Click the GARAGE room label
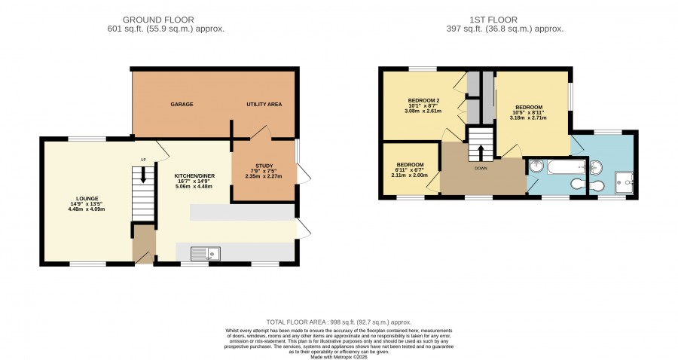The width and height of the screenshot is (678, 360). coord(182,104)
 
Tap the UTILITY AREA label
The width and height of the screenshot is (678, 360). coord(264,104)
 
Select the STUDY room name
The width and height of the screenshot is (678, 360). coord(264,166)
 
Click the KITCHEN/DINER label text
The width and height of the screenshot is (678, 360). coord(194,176)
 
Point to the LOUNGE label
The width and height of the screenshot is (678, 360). coord(88,199)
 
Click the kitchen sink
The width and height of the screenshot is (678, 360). coord(206,254)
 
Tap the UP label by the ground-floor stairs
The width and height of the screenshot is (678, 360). coord(143,160)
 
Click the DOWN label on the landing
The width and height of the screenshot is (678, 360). coord(481,168)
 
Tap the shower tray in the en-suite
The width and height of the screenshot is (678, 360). coord(624,182)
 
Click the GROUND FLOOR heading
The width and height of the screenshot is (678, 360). coord(158,20)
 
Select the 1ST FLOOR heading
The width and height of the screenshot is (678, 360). coord(493,20)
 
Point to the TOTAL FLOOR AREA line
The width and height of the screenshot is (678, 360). coord(339,322)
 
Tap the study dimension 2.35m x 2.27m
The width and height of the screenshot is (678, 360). coord(264,176)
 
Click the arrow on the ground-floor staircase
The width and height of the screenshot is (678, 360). coord(143,175)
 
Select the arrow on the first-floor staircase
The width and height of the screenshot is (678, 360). coord(481,153)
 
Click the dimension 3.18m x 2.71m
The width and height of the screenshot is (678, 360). coord(529,117)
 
